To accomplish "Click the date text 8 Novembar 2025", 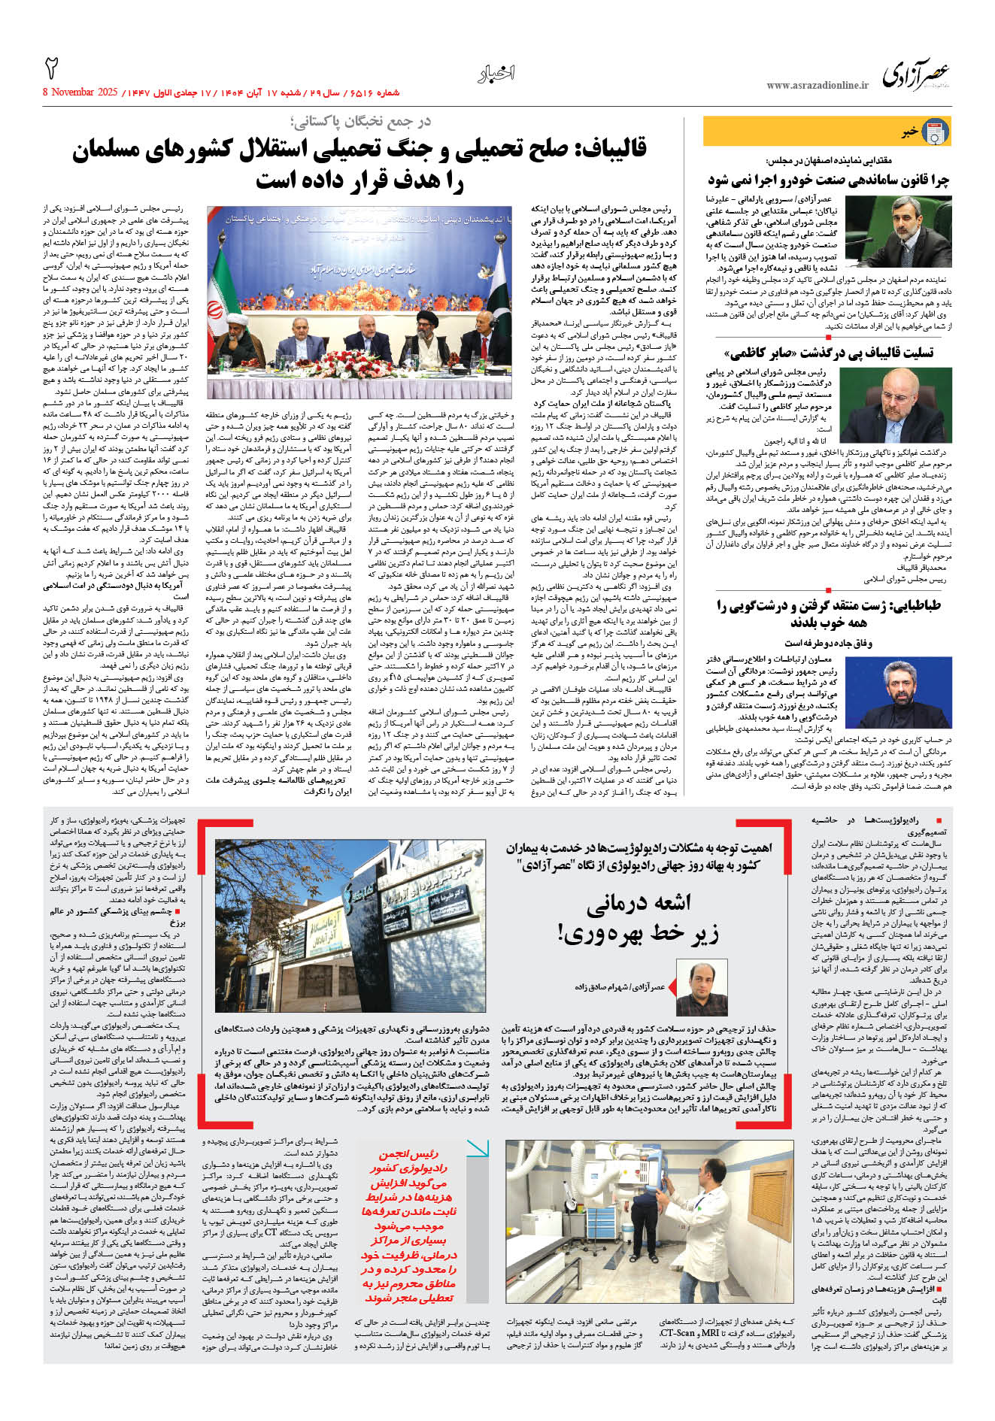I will point(80,92).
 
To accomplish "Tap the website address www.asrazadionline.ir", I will point(817,86).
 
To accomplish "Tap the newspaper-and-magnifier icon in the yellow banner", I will point(935,132).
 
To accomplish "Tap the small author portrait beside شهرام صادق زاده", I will point(701,987).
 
